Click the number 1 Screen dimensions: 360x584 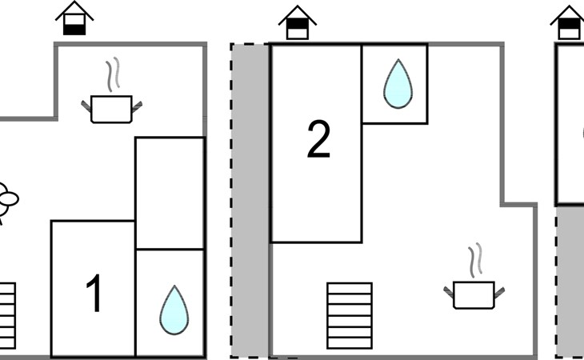94,294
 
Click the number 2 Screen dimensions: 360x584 318,141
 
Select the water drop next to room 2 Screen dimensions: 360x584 395,84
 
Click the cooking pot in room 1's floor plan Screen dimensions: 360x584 111,108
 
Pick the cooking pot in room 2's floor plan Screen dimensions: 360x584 473,294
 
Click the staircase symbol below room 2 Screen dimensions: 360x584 349,315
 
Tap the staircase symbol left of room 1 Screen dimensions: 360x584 7,308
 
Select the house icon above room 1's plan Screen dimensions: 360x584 74,18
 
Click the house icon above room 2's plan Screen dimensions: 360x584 297,22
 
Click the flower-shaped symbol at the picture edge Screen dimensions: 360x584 7,199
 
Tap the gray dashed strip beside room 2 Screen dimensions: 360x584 249,200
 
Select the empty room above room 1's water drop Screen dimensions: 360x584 170,193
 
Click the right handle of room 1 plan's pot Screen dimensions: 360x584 137,105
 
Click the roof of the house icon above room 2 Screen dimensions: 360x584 297,12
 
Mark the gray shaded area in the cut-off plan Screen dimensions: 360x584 570,280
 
